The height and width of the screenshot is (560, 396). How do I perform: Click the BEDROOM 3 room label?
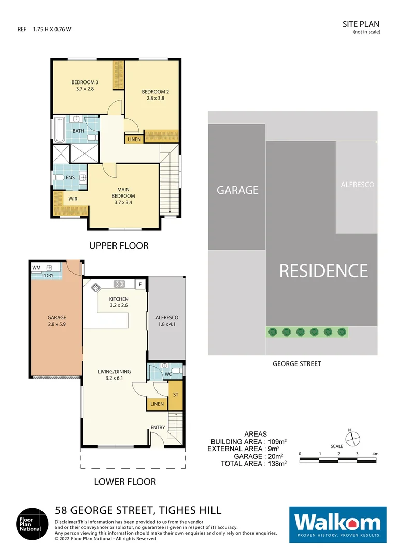[84, 86]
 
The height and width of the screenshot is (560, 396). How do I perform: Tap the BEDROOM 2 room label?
[155, 95]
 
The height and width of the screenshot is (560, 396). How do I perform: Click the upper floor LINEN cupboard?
[133, 139]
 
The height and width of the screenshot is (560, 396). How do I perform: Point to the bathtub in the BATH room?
[59, 131]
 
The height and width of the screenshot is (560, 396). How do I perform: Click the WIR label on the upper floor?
[73, 199]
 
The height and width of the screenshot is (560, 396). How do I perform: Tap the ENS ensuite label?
[70, 178]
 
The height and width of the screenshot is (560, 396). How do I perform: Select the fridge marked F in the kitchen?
[139, 284]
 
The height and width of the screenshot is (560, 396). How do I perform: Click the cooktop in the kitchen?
[119, 284]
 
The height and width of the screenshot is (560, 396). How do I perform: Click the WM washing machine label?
[36, 268]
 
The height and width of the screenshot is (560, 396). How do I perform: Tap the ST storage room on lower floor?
[176, 395]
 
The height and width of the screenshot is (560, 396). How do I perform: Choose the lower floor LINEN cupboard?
[157, 404]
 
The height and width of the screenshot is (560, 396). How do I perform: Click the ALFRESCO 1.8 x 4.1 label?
[167, 321]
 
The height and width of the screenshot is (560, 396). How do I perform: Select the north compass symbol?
[352, 439]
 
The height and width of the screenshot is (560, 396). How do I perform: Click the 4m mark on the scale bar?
[375, 454]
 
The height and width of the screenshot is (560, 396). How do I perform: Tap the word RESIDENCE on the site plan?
[323, 271]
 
